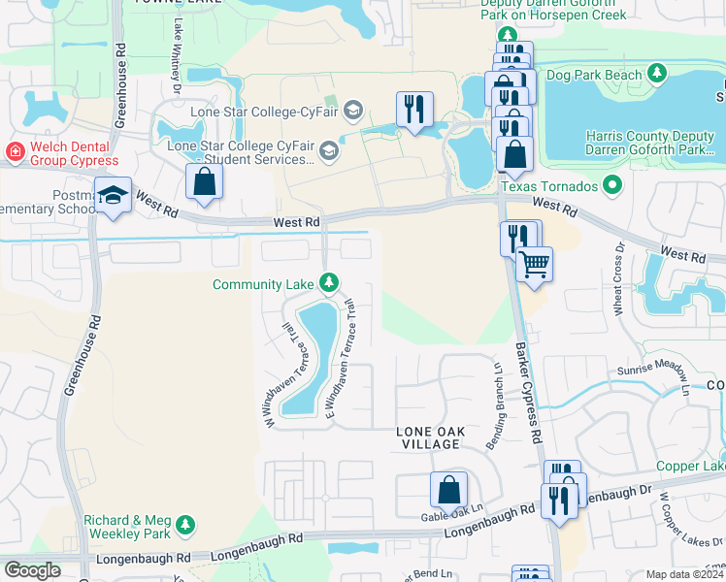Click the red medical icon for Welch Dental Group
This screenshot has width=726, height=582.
15,152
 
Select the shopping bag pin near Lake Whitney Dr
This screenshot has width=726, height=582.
205,181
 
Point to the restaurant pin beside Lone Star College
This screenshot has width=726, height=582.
415,111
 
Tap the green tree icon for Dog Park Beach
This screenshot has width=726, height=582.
658,74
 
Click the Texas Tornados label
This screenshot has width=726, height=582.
549,184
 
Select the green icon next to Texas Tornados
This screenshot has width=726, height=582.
611,183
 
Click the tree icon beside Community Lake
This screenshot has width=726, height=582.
330,283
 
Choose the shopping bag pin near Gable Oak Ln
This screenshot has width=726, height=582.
449,490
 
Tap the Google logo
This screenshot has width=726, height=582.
32,570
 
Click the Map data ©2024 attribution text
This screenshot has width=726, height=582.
685,574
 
